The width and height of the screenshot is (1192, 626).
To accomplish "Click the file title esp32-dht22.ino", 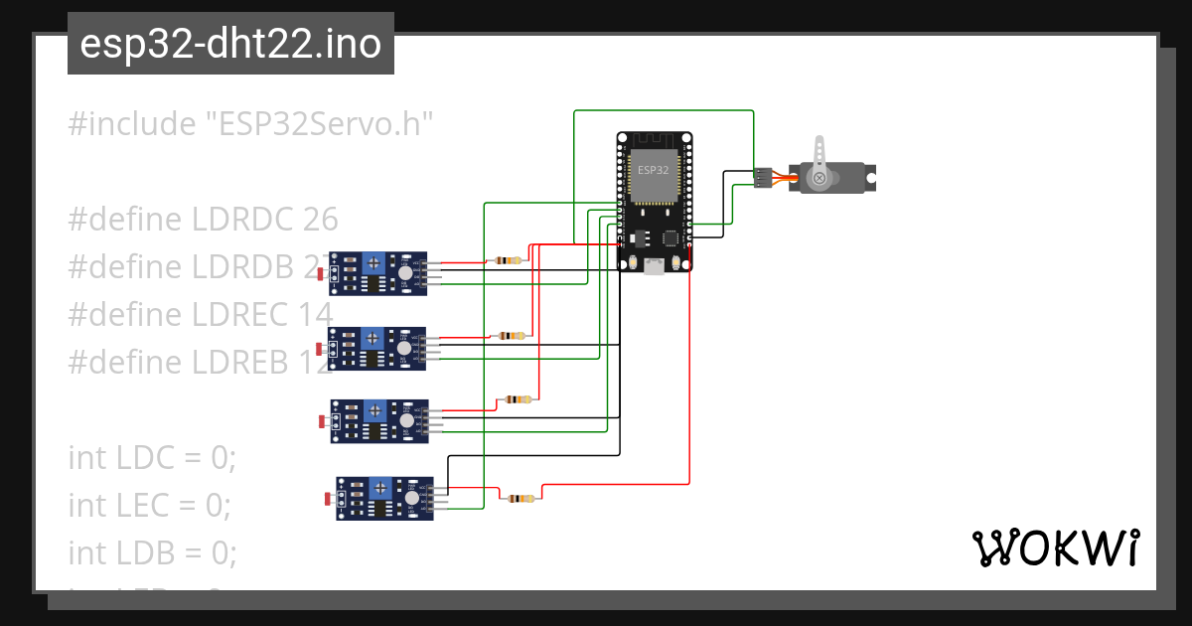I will (230, 44).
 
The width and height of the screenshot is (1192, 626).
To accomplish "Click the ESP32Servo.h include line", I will (251, 124).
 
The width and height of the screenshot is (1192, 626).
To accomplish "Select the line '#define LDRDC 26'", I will (203, 219).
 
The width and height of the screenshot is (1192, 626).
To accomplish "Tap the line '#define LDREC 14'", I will (200, 314).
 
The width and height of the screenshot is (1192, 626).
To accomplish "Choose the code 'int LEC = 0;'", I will (149, 505).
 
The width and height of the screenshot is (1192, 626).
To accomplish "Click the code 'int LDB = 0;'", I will (152, 551).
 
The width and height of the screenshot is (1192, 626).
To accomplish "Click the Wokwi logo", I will (1055, 548).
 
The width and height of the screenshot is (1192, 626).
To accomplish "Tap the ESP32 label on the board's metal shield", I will (653, 170).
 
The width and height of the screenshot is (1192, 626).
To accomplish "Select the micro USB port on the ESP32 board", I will (655, 265).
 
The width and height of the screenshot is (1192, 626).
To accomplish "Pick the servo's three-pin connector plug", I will (762, 178).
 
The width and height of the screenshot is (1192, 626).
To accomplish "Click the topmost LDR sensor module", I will (377, 273).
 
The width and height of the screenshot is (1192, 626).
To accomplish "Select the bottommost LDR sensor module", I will (384, 498).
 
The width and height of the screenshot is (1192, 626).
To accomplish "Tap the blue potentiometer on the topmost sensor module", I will (372, 263).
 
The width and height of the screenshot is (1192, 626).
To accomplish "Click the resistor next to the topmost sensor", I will (507, 260).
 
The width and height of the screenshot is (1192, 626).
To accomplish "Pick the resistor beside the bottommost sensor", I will (520, 498).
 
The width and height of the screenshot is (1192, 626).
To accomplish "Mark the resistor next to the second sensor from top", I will (512, 335).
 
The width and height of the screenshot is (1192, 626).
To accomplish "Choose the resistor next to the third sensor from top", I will (518, 399).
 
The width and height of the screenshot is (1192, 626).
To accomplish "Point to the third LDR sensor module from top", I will (378, 420).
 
